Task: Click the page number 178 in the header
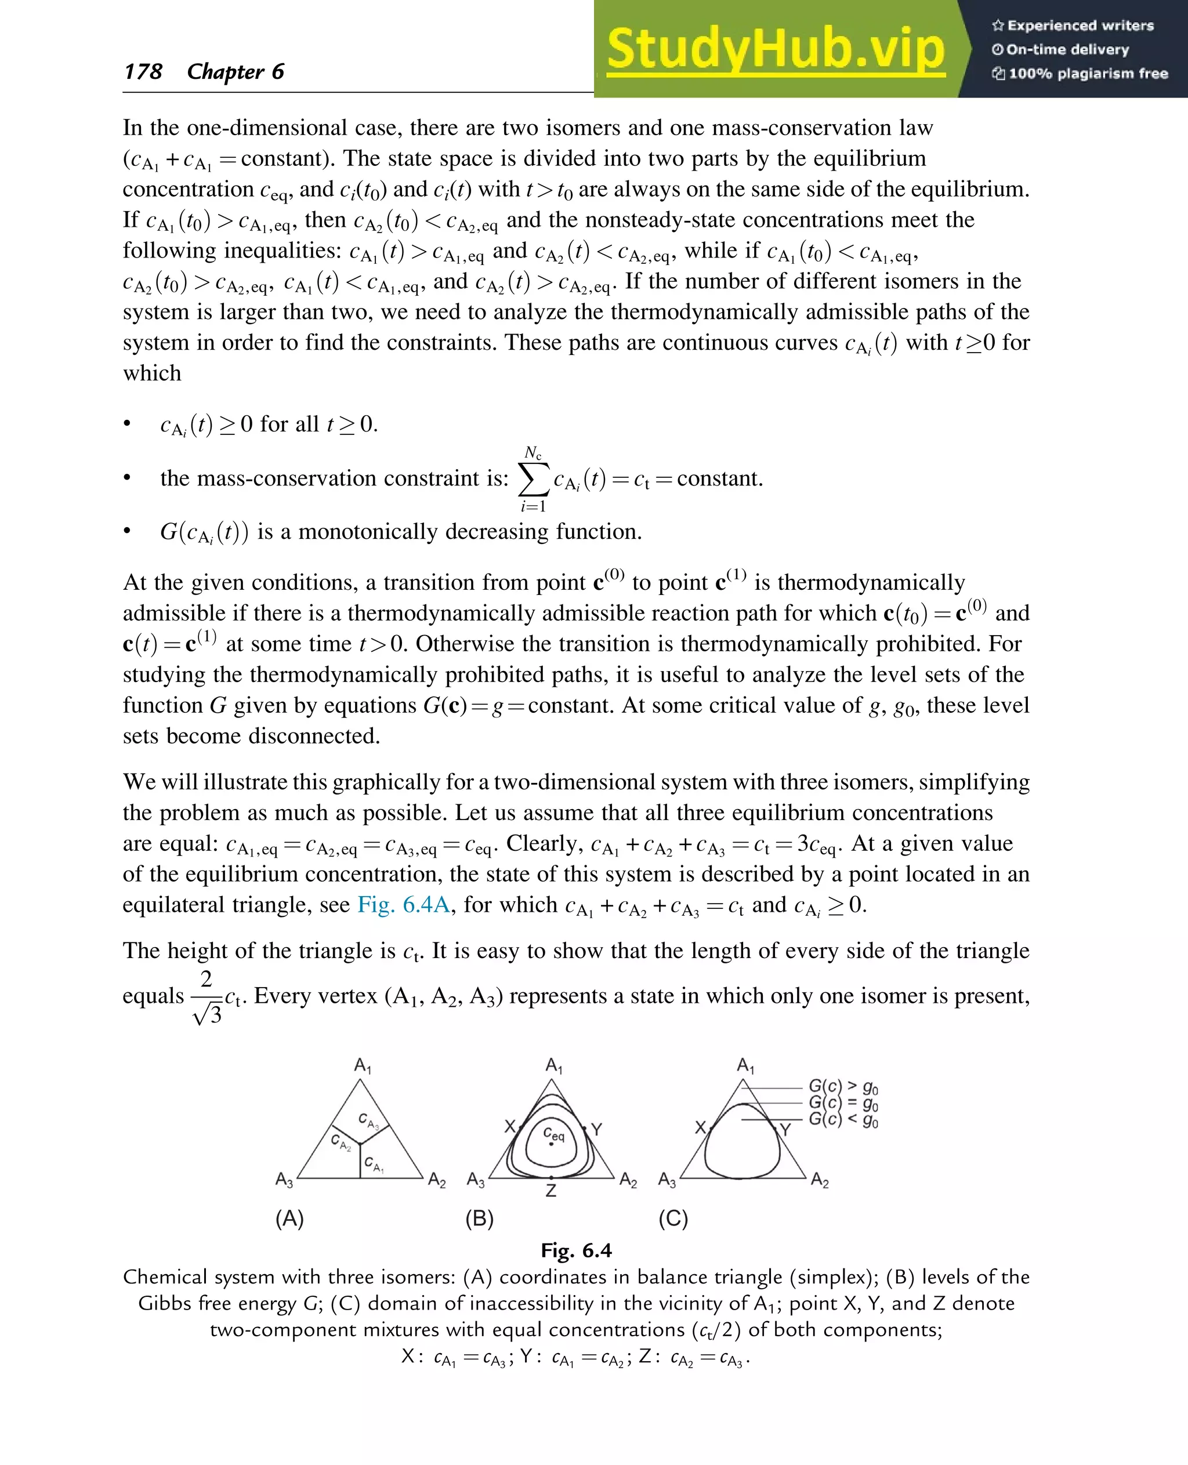point(143,72)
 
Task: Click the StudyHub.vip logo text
point(776,49)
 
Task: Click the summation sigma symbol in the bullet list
point(534,479)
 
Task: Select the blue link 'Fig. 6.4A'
point(404,905)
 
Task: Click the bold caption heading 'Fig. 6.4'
point(576,1251)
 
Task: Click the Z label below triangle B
point(551,1191)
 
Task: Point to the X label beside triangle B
point(510,1126)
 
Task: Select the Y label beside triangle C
point(785,1129)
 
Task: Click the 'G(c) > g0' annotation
point(843,1087)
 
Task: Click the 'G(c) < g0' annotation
point(843,1119)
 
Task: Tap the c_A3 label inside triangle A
point(368,1121)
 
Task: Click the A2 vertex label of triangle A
point(437,1180)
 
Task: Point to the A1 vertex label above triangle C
point(745,1065)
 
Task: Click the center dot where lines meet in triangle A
point(360,1143)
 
